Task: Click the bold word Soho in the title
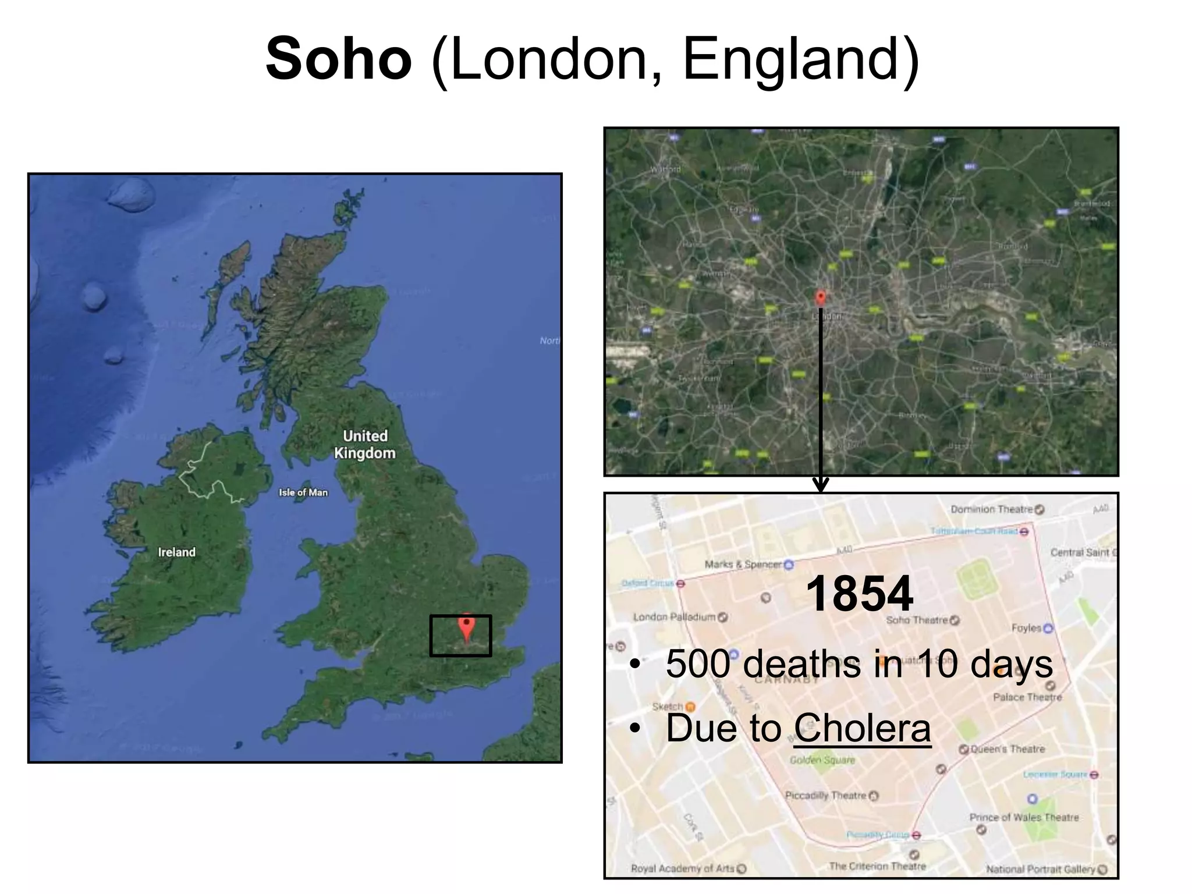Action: coord(339,59)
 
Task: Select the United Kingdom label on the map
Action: coord(365,444)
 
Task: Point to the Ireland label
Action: coord(177,552)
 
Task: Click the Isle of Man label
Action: coord(303,492)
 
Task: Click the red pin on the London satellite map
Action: coord(820,297)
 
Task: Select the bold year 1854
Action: coord(860,593)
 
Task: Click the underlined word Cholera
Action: coord(862,728)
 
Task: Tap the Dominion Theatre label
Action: coord(992,509)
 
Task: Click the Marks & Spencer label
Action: coord(743,564)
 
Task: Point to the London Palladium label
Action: coord(674,617)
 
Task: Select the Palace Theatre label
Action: coord(1027,697)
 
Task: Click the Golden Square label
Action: coord(822,760)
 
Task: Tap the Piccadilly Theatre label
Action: coord(825,796)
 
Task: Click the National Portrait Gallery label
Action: coord(1041,869)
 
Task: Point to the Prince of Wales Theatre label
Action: coord(1024,817)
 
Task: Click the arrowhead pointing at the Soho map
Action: coord(820,485)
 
